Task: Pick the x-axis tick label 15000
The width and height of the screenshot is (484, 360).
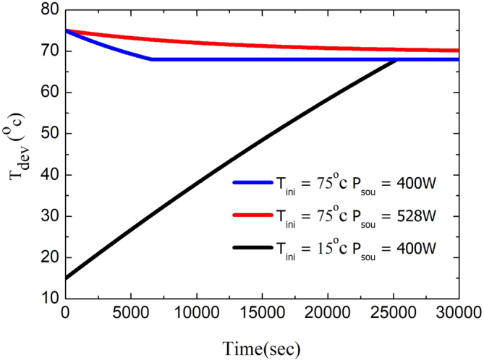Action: (x=262, y=313)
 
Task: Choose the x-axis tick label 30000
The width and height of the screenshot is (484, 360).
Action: (x=459, y=313)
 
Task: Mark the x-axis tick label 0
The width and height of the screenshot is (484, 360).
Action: (x=65, y=313)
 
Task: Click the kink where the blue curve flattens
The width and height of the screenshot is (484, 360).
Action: (x=151, y=59)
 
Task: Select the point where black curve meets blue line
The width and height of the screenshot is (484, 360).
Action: (x=397, y=59)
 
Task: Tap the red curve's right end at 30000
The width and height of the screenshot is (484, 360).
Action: (x=458, y=51)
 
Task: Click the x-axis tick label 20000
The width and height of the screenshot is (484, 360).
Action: (x=328, y=313)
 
